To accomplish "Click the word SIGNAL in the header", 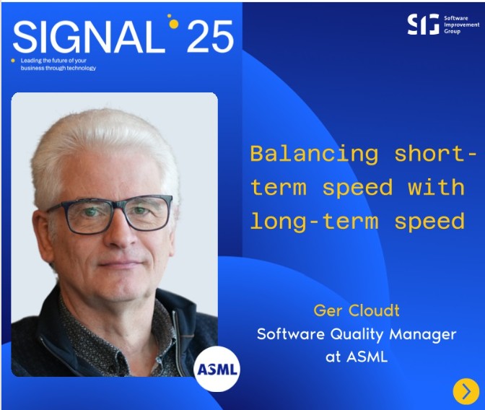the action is (x=89, y=37).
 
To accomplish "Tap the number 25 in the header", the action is (x=210, y=37).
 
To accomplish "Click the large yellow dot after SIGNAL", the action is (x=174, y=24).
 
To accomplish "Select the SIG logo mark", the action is (x=423, y=24).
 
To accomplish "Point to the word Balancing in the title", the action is (x=314, y=154).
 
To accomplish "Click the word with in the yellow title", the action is (x=436, y=187).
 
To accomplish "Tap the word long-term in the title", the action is (x=314, y=222).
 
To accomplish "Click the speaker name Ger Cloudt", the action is (x=357, y=310).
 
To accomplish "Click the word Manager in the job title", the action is (x=423, y=335).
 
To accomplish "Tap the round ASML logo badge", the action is (x=217, y=369).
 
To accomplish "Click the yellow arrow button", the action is (x=466, y=391).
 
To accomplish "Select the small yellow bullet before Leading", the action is (x=13, y=61).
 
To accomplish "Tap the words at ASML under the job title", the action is (x=357, y=357).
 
